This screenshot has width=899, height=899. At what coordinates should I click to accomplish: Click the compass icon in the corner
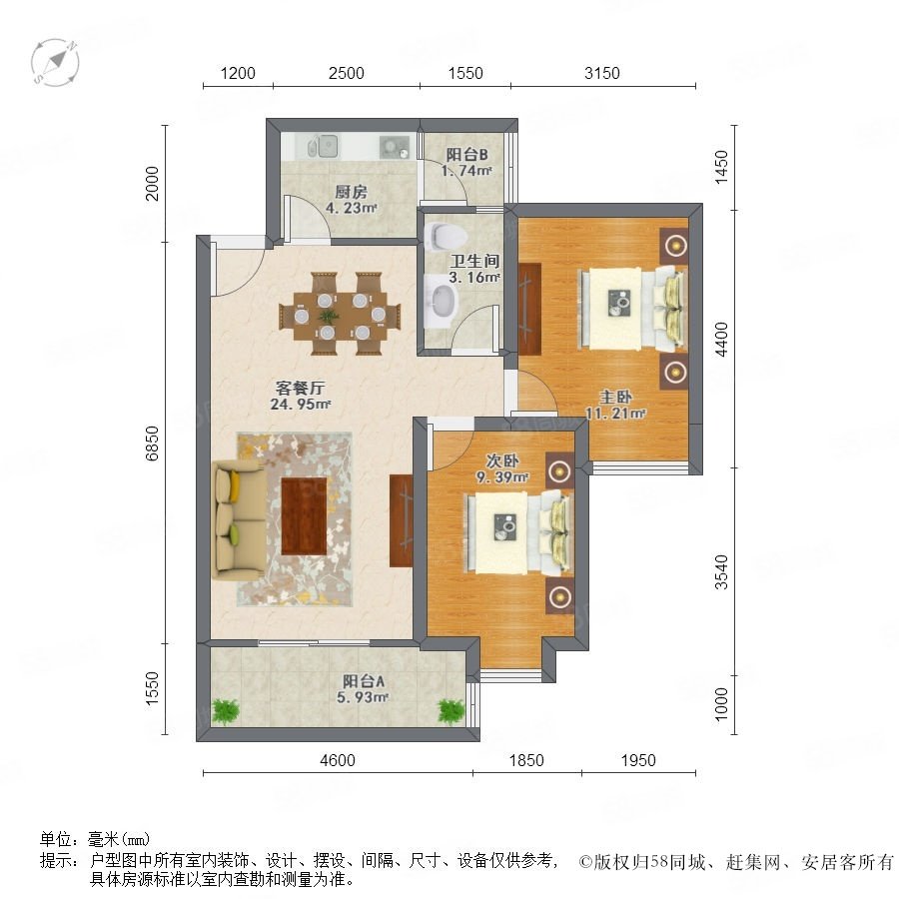point(55,62)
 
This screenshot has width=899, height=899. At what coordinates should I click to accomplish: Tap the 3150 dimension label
point(602,73)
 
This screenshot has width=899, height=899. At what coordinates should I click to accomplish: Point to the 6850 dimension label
point(152,443)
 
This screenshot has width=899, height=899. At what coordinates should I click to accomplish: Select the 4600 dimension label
point(338,760)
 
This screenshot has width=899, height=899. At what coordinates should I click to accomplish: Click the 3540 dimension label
point(721,571)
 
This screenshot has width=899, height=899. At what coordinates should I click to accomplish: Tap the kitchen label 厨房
point(352,192)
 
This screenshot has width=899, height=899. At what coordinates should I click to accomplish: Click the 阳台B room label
point(467,154)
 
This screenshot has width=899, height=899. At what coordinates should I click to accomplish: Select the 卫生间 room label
point(474,261)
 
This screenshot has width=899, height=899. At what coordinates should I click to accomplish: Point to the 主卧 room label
point(615,397)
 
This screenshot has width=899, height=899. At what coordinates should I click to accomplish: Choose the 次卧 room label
point(502,460)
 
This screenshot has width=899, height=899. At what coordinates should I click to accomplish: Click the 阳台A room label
point(364,681)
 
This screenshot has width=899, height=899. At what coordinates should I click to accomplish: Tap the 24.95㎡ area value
point(301,405)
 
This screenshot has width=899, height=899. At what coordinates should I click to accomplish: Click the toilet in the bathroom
point(446,236)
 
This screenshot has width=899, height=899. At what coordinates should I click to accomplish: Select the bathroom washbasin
point(442,301)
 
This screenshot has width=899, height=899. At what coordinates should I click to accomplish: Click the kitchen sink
point(325,146)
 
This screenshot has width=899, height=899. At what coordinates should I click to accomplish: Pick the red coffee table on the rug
point(304,516)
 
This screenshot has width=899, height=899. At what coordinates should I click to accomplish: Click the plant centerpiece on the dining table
point(328,316)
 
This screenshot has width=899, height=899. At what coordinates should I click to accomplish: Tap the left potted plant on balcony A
point(227,711)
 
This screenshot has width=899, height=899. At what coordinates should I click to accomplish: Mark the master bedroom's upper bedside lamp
point(676,246)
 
